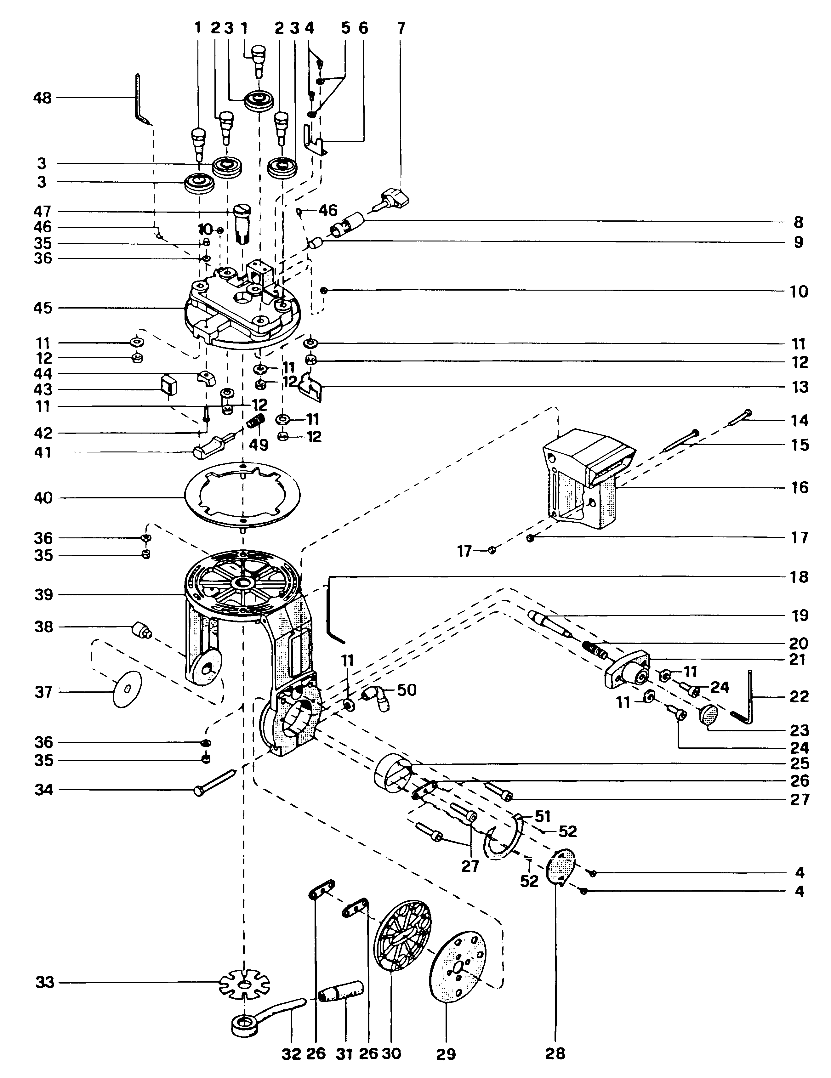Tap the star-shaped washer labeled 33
[x=244, y=982]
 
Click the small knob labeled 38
[x=141, y=630]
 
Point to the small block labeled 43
[x=168, y=383]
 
